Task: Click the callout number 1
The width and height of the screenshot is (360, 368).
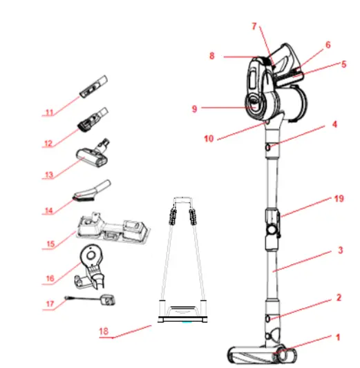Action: click(338, 338)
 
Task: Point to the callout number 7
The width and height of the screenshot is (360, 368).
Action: click(254, 27)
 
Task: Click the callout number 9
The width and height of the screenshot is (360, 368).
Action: click(196, 108)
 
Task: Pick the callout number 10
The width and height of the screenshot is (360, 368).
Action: click(209, 139)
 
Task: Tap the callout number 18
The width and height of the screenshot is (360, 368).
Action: click(104, 330)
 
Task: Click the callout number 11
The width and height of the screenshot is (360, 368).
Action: click(48, 110)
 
